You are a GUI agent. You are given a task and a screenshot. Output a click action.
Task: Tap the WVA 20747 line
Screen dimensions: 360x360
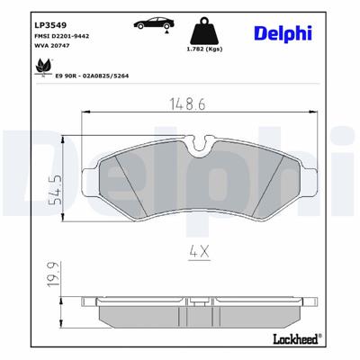pos(51,42)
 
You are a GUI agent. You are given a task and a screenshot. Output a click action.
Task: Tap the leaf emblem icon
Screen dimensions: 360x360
pos(40,67)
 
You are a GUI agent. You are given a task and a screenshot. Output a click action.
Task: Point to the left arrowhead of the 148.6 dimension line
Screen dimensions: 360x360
pos(85,116)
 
